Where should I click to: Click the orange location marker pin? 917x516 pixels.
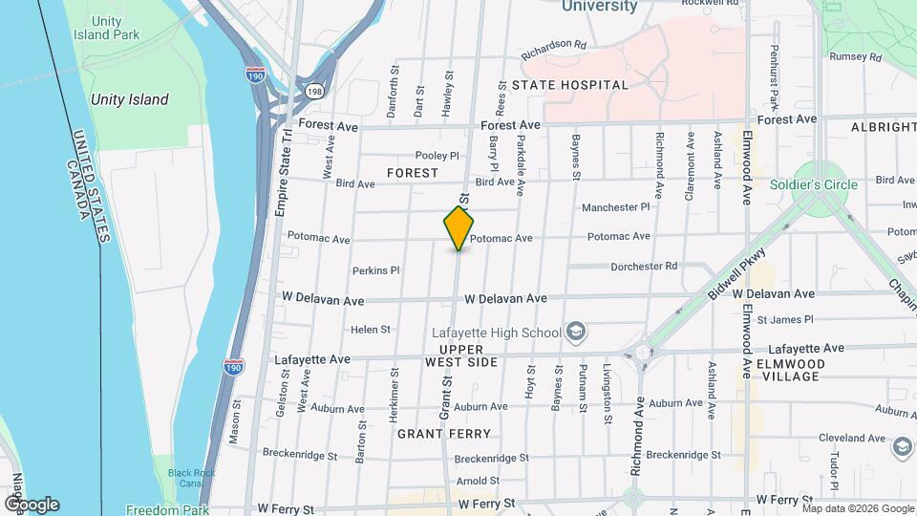click(x=458, y=228)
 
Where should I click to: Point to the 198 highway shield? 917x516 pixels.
click(x=313, y=90)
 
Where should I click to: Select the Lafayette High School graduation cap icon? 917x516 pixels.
click(x=576, y=332)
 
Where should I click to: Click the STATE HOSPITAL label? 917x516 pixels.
click(x=569, y=85)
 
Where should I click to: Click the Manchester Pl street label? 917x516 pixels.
click(x=615, y=206)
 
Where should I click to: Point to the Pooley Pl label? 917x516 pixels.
click(x=437, y=156)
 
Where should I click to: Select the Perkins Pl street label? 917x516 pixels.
click(x=375, y=270)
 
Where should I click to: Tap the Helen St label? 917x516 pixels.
click(x=371, y=330)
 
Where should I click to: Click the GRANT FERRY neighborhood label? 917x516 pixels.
click(x=437, y=434)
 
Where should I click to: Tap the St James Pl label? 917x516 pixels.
click(x=784, y=319)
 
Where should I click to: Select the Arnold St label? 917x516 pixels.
click(x=478, y=481)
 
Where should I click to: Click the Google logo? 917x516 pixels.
click(x=32, y=504)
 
